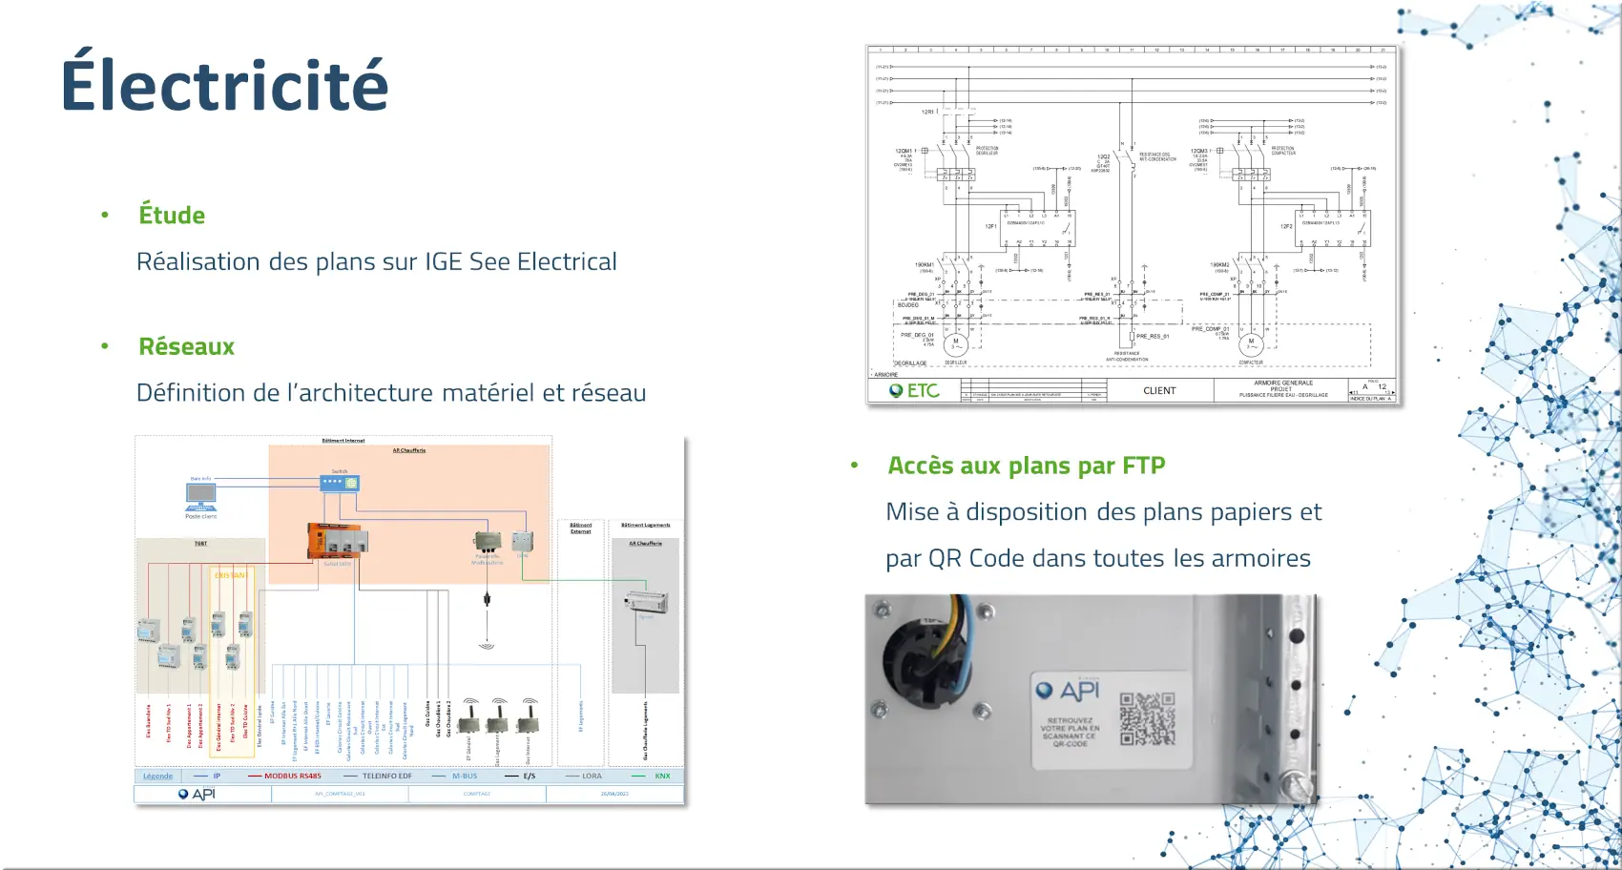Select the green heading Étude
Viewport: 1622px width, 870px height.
pos(172,216)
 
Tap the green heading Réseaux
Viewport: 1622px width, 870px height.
pos(186,347)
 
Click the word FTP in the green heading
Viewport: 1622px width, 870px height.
pos(1143,466)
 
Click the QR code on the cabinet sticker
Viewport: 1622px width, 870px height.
pos(1147,719)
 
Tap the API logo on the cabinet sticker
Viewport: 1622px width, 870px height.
pos(1069,691)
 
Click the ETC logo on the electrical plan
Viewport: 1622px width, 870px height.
pos(914,391)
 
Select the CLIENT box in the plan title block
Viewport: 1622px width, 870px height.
pos(1159,391)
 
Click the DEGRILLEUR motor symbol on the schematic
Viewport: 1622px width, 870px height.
pos(955,343)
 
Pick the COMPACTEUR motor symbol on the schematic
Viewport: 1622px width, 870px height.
pos(1251,343)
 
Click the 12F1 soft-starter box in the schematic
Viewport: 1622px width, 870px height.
pos(1037,227)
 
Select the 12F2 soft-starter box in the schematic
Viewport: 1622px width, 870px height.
pos(1332,227)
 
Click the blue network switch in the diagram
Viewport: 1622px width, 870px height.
pos(340,483)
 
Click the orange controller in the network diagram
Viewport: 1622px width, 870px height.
pos(332,541)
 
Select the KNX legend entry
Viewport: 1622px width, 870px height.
pos(662,777)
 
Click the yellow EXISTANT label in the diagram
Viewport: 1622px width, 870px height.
pos(230,576)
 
